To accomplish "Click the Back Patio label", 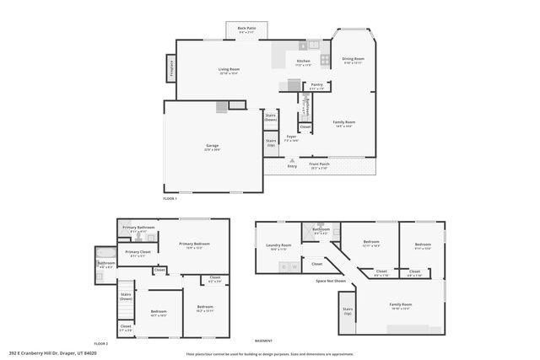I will click(x=247, y=30).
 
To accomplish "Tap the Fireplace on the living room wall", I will click(x=171, y=66).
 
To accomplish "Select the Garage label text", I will click(x=212, y=147).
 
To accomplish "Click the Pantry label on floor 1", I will click(x=316, y=85).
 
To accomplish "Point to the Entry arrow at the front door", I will click(x=293, y=165).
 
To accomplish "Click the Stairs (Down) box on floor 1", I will click(x=271, y=118).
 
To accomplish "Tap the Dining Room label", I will click(x=353, y=61).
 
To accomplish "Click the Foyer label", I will click(x=291, y=137).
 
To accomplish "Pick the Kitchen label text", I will click(x=303, y=62).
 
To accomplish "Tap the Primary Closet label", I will click(x=138, y=252).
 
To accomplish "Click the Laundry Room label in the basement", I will click(x=278, y=248).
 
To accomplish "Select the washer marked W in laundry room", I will click(x=294, y=267).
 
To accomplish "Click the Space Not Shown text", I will click(x=331, y=280).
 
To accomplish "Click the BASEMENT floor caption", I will click(x=263, y=341).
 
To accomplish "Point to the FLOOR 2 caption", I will click(x=101, y=344).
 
